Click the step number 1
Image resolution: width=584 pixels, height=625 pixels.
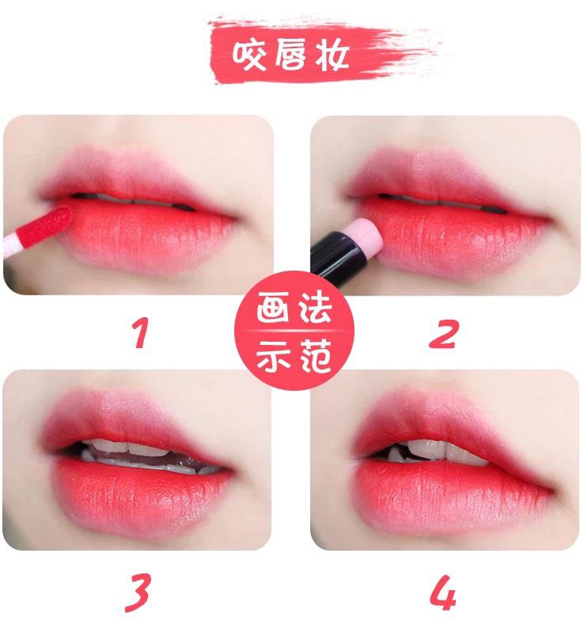140,332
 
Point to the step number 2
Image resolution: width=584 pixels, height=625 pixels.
443,332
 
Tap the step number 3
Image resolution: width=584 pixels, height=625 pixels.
139,591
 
